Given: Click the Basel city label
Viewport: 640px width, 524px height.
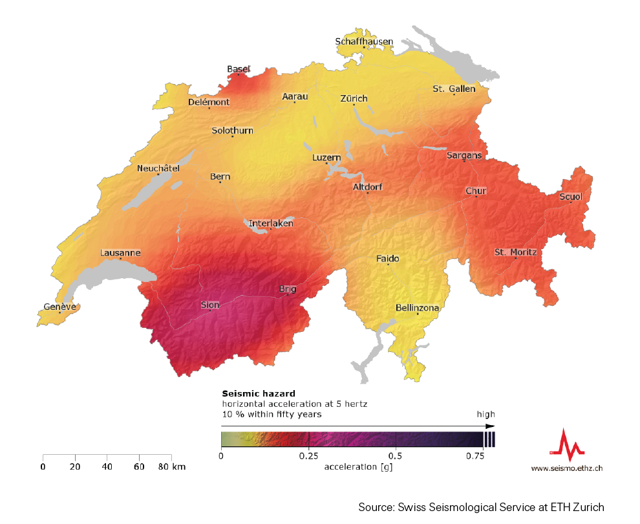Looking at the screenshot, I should coord(238,69).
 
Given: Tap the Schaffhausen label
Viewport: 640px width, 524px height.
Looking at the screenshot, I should coord(364,41).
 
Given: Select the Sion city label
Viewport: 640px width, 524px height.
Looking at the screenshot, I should coord(210,305).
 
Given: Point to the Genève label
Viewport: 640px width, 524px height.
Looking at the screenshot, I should coord(59,307).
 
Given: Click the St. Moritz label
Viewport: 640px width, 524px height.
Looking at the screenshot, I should coord(515,252).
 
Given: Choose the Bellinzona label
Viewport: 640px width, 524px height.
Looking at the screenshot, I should coord(417,308).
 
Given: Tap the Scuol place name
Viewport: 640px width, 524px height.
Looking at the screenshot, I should coord(571,196).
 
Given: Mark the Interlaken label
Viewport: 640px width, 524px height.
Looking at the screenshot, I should coord(271,223).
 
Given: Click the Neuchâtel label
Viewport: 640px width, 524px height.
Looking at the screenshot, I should coord(158,168).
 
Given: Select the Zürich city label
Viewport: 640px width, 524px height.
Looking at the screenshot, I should coord(354,98).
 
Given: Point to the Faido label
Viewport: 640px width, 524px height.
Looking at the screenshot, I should coord(388,259).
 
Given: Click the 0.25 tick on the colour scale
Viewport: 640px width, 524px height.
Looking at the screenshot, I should coord(309,455).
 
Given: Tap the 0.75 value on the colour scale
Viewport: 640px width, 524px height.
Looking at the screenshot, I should coord(475,455).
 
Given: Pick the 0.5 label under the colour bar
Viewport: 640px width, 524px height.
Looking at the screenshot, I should coord(396,455).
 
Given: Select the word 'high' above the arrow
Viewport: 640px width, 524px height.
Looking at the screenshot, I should coord(485,414).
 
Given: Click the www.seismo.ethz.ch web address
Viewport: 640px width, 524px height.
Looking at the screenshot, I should coord(567,468).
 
